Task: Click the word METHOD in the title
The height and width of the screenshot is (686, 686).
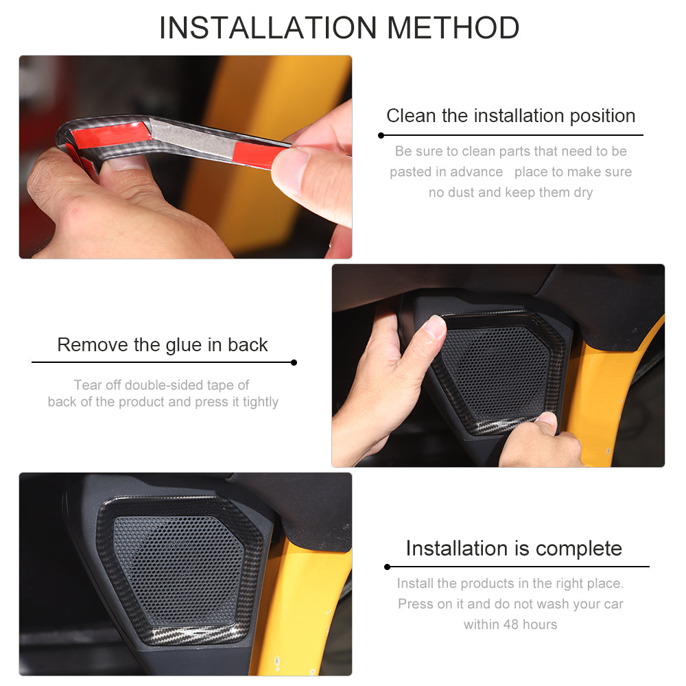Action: point(453,28)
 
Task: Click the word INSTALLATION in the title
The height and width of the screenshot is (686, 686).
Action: point(268,28)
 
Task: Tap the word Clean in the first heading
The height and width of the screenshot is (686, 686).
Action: point(411,116)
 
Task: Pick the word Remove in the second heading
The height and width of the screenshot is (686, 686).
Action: point(93,345)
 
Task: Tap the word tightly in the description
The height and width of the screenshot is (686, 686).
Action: point(261,403)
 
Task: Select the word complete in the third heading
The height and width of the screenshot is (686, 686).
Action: point(578,549)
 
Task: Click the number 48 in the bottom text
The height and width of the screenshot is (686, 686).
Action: point(510,624)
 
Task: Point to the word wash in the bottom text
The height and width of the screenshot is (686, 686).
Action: point(553,604)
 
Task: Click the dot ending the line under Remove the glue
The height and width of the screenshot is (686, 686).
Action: point(294,362)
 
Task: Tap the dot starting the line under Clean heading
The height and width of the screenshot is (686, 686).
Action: point(381,136)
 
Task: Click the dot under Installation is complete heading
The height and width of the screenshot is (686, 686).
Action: point(387,567)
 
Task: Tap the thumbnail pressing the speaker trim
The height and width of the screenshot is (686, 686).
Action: point(435,326)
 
